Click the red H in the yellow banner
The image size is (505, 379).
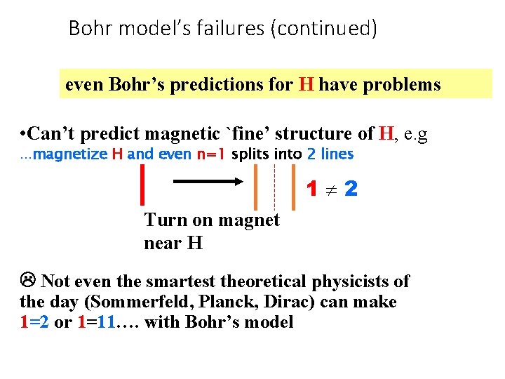click(x=306, y=85)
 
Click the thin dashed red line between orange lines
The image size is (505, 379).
click(x=274, y=186)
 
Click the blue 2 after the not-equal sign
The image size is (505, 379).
click(x=351, y=189)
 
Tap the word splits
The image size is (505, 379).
click(x=249, y=154)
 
